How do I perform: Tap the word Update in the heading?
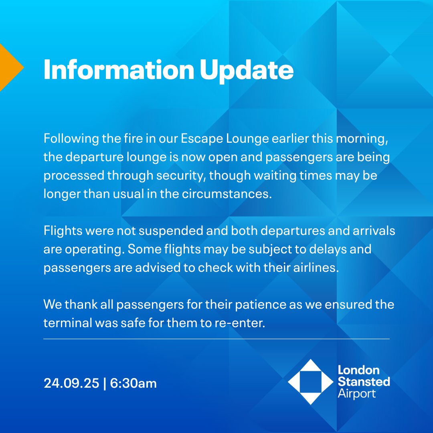point(247,71)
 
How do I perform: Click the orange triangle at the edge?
point(10,67)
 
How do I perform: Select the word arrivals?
point(371,231)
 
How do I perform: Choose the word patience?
point(259,304)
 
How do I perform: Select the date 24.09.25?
point(71,383)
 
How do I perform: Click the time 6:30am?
point(134,383)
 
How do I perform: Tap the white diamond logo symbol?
point(310,382)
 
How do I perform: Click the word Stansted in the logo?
point(364,381)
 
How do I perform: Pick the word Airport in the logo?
point(356,393)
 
